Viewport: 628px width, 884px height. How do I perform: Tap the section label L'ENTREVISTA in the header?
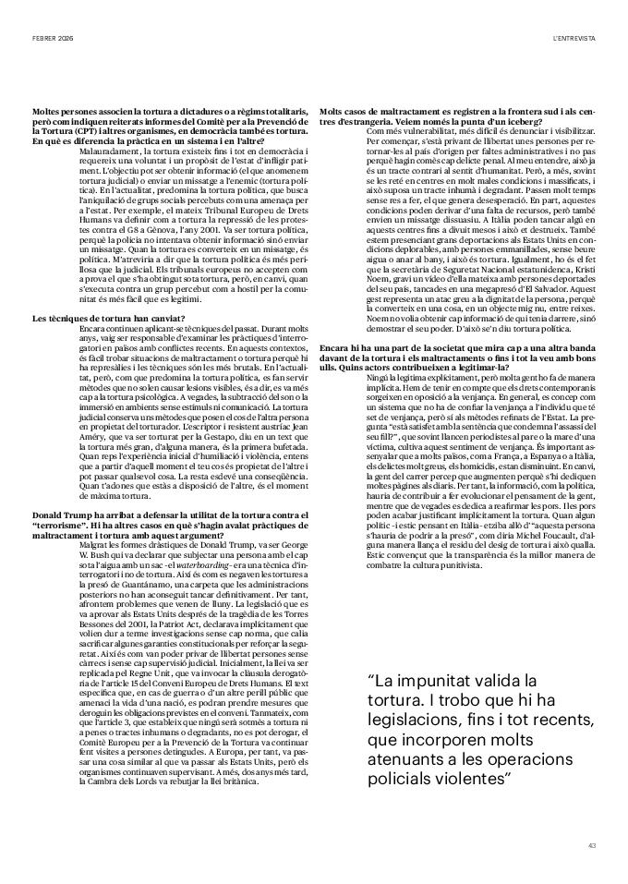(574, 38)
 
